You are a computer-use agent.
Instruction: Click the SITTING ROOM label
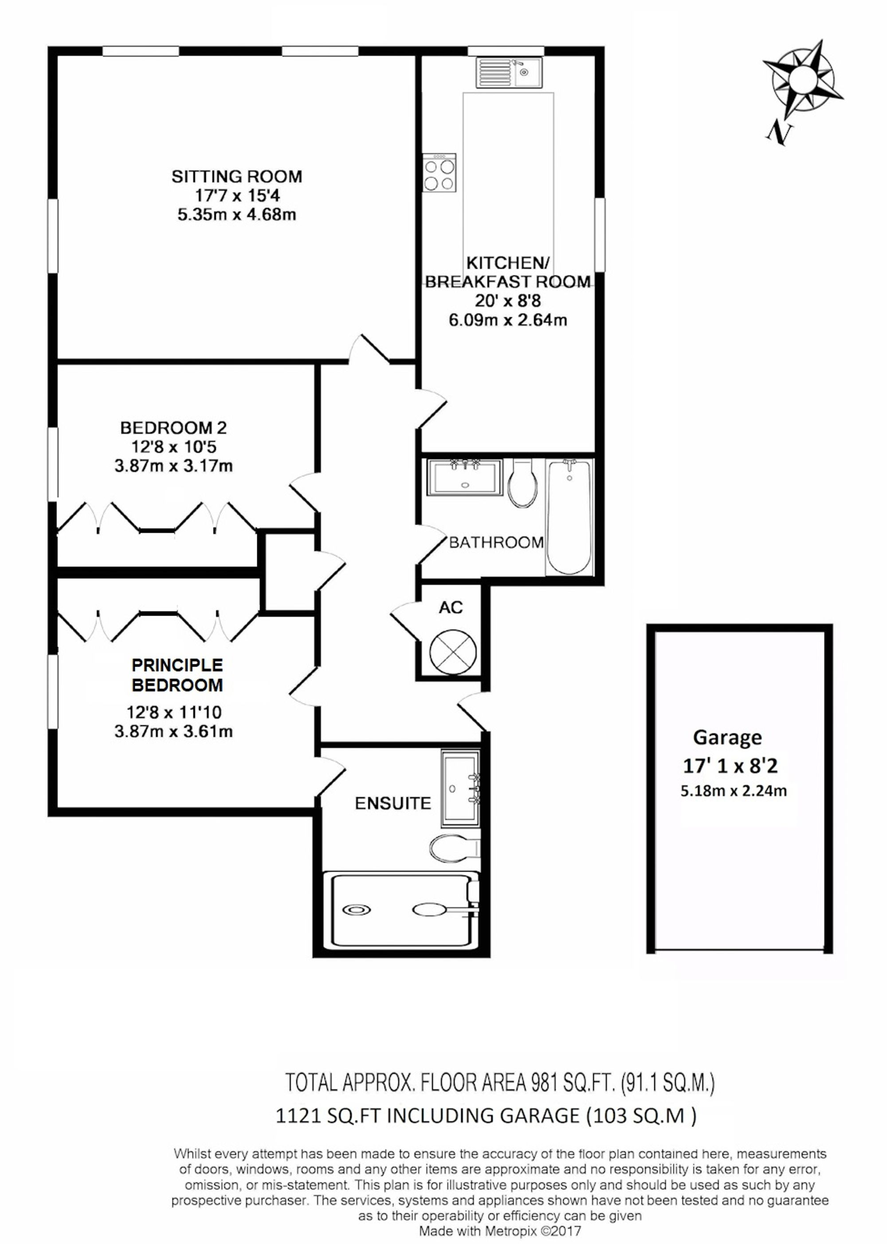tap(236, 177)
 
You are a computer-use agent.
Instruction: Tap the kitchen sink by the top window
tap(510, 73)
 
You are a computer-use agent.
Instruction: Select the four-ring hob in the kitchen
tap(439, 172)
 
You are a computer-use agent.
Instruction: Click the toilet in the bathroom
tap(523, 482)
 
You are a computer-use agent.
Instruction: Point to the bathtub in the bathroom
tap(569, 516)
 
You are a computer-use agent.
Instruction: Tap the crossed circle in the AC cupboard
tap(453, 652)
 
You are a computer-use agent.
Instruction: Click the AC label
tap(451, 607)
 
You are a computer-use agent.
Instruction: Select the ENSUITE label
tap(392, 803)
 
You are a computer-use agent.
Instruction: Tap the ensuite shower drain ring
tap(357, 909)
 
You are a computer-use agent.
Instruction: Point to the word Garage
tap(727, 738)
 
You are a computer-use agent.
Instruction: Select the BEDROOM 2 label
tap(173, 428)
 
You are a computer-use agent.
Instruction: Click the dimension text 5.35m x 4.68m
tap(236, 215)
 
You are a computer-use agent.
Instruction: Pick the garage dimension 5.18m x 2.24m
tap(733, 791)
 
